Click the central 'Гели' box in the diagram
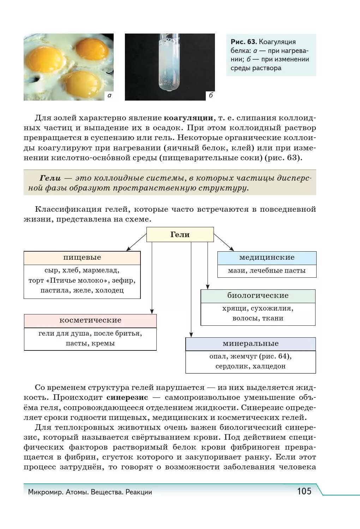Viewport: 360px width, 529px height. pyautogui.click(x=180, y=235)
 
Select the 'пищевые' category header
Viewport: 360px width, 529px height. pyautogui.click(x=82, y=258)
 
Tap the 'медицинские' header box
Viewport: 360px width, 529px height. pyautogui.click(x=267, y=258)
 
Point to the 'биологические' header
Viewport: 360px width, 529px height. pyautogui.click(x=258, y=296)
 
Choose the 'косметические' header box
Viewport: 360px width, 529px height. pyautogui.click(x=90, y=320)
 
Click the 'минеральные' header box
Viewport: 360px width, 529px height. pyautogui.click(x=251, y=344)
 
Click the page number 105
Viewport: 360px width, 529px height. pyautogui.click(x=304, y=491)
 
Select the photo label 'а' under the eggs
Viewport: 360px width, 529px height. pyautogui.click(x=109, y=95)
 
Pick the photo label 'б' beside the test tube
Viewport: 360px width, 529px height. pyautogui.click(x=211, y=95)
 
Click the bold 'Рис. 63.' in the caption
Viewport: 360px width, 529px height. pyautogui.click(x=244, y=42)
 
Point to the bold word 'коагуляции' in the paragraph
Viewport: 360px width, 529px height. pyautogui.click(x=188, y=118)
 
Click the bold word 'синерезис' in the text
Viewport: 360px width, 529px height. pyautogui.click(x=127, y=397)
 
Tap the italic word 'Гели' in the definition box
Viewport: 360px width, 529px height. pyautogui.click(x=50, y=178)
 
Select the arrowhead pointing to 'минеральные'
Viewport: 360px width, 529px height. pyautogui.click(x=191, y=335)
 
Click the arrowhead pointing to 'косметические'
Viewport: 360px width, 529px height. pyautogui.click(x=152, y=312)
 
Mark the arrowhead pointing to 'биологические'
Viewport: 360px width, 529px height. pyautogui.click(x=208, y=287)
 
